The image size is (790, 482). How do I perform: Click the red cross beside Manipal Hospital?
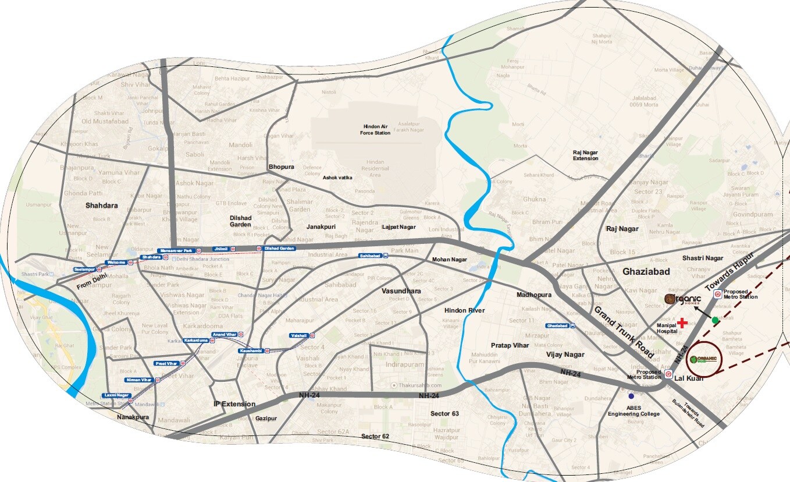682,322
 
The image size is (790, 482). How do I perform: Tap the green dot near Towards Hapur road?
715,320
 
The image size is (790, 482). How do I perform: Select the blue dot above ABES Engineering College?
631,396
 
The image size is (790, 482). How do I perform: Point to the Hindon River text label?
464,311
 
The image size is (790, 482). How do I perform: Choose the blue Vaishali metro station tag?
300,335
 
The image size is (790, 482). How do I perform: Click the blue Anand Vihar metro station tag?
225,334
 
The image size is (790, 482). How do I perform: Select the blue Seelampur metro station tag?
84,269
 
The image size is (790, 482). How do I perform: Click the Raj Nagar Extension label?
585,155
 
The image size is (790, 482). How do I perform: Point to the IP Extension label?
234,404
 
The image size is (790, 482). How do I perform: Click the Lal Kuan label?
689,378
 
